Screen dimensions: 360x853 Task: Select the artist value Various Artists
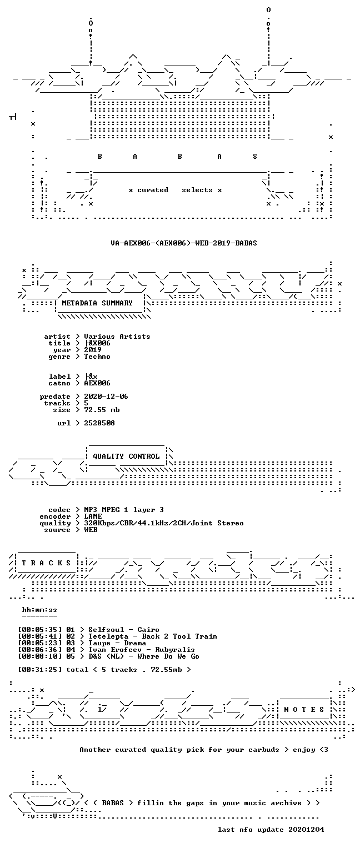point(117,337)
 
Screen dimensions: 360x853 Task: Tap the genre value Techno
point(97,357)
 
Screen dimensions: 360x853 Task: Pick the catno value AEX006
point(97,384)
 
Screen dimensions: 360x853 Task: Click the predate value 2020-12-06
point(106,397)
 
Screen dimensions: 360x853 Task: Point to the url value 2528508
point(99,424)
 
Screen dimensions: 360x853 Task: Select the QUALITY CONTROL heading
point(126,456)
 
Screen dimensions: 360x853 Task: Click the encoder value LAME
point(93,517)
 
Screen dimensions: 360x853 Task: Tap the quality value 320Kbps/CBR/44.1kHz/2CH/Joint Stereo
point(164,524)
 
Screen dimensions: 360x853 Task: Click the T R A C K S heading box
point(47,563)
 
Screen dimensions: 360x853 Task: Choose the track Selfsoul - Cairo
point(124,630)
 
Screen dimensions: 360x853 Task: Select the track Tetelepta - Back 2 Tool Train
point(153,637)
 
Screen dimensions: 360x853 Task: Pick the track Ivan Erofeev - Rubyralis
point(141,650)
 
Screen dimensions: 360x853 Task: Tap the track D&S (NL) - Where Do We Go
point(144,656)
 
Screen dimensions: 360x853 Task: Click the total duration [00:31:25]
point(40,670)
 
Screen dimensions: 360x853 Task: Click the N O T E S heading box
point(304,709)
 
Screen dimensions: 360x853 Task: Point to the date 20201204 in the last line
point(306,830)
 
